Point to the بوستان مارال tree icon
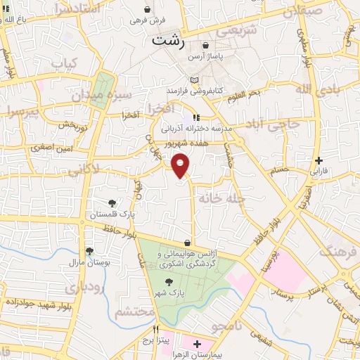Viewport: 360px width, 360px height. tap(89, 251)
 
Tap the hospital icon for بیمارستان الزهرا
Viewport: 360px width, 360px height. tap(196, 345)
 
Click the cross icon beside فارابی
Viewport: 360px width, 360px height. tap(320, 160)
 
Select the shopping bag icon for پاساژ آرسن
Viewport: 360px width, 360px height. tap(205, 46)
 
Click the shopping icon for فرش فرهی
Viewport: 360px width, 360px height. tap(146, 10)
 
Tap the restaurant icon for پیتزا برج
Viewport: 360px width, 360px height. tap(157, 329)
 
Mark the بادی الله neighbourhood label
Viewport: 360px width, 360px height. tap(311, 89)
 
